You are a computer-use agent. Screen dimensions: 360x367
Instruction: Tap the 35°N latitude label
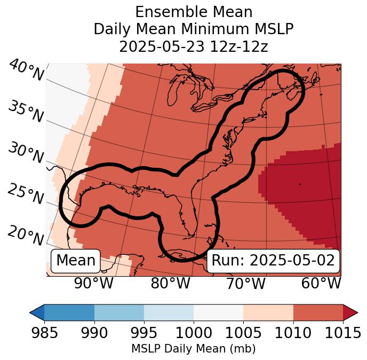coord(26,111)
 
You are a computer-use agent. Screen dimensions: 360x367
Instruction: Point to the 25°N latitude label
coord(26,194)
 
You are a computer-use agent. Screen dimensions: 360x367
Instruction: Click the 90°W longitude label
coord(94,283)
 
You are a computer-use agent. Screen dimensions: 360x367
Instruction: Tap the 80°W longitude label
coord(170,283)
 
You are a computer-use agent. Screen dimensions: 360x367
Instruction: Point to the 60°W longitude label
coord(321,283)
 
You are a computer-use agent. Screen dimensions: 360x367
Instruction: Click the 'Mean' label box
coord(76,261)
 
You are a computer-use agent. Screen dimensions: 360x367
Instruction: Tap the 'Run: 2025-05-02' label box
coord(273,261)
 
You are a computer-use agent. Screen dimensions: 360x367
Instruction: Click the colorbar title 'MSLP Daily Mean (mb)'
coord(193,349)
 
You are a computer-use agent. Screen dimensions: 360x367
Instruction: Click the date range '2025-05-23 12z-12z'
coord(193,46)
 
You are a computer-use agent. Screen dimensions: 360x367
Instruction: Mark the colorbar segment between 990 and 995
coord(119,312)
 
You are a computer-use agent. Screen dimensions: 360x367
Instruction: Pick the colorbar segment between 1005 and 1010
coord(268,312)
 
